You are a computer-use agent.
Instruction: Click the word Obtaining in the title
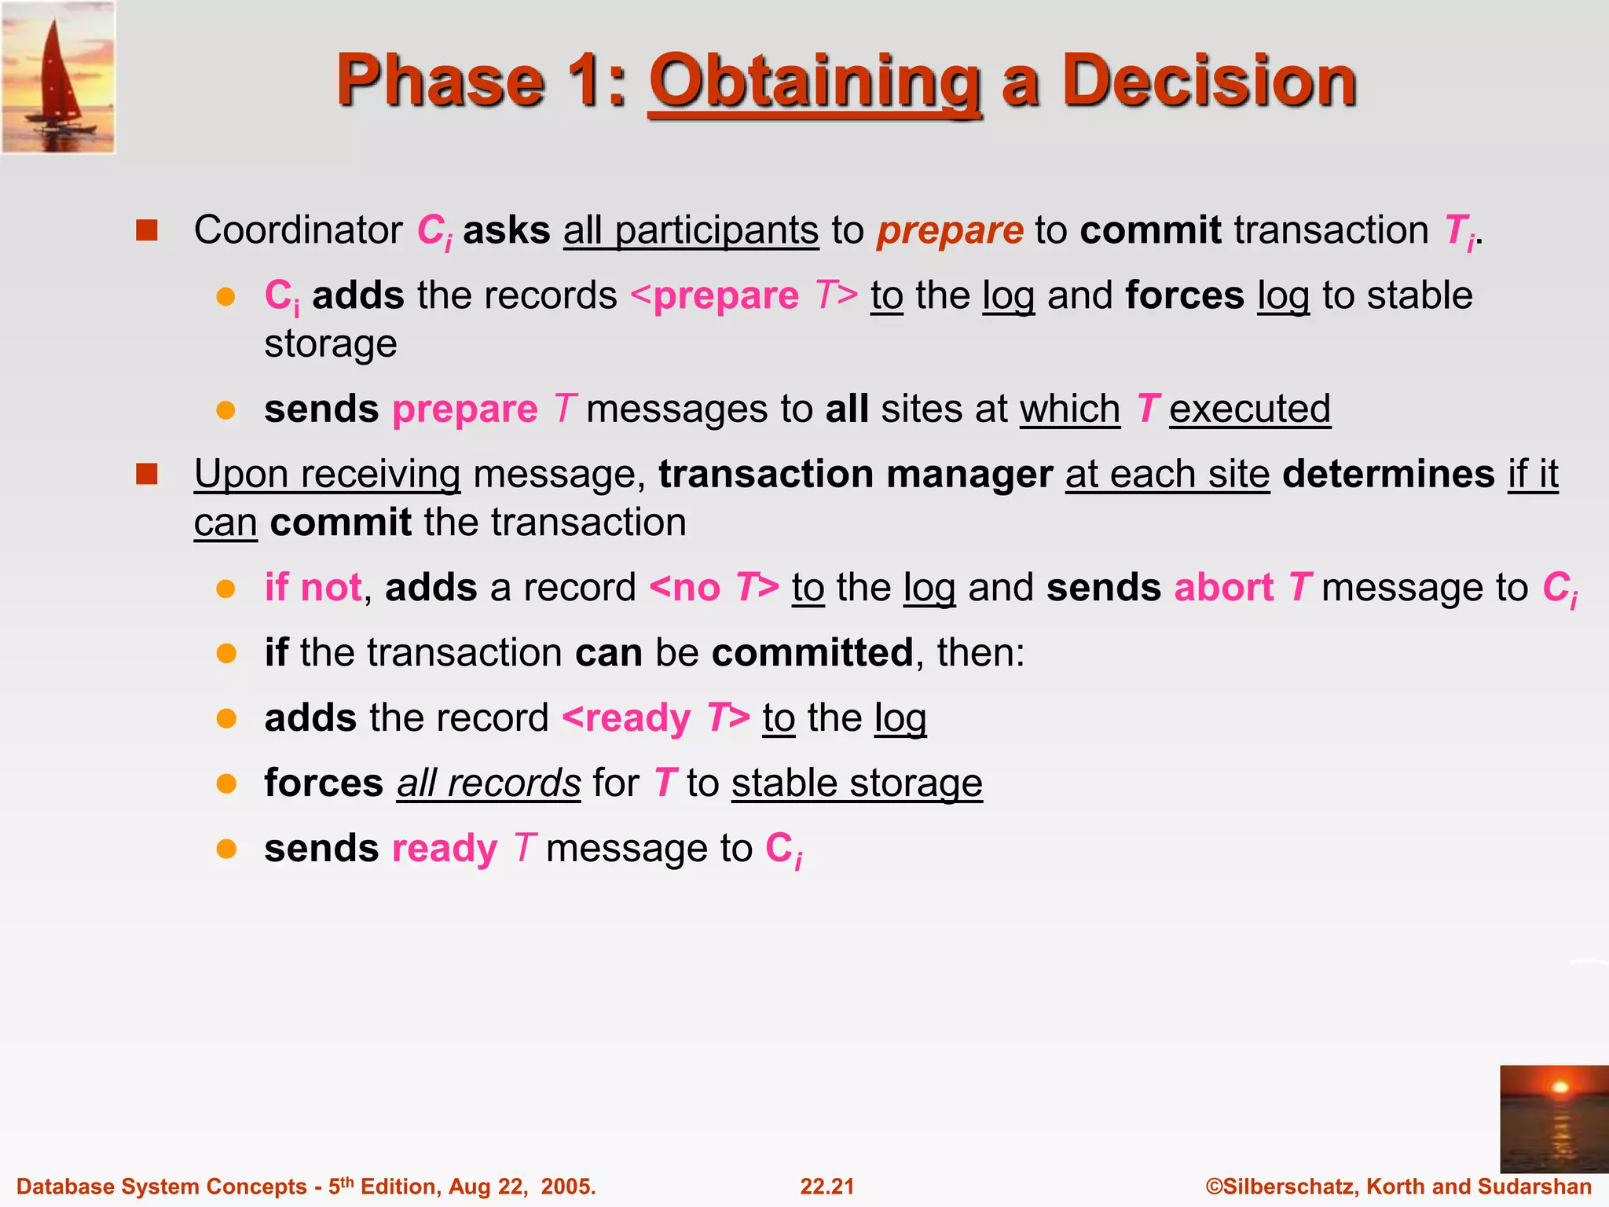tap(815, 83)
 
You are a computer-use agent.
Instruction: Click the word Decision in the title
tap(1209, 81)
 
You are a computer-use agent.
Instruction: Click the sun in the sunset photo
tap(1560, 1088)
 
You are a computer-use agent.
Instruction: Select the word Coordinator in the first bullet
tap(298, 230)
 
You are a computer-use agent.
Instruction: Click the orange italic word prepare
tap(950, 230)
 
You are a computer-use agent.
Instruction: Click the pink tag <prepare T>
tap(743, 296)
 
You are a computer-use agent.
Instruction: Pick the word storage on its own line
tap(331, 344)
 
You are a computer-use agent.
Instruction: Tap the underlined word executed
tap(1249, 409)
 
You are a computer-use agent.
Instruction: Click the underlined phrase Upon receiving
tap(327, 475)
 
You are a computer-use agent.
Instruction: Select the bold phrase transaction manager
tap(855, 475)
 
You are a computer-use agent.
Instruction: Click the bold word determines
tap(1388, 475)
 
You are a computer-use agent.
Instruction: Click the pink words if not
tap(313, 588)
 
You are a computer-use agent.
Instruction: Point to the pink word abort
tap(1223, 588)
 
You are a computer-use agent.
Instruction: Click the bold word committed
tap(812, 653)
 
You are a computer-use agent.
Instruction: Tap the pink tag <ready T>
tap(656, 718)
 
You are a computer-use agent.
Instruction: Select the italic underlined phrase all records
tap(488, 783)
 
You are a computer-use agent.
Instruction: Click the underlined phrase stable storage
tap(856, 783)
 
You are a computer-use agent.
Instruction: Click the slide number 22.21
tap(826, 1187)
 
